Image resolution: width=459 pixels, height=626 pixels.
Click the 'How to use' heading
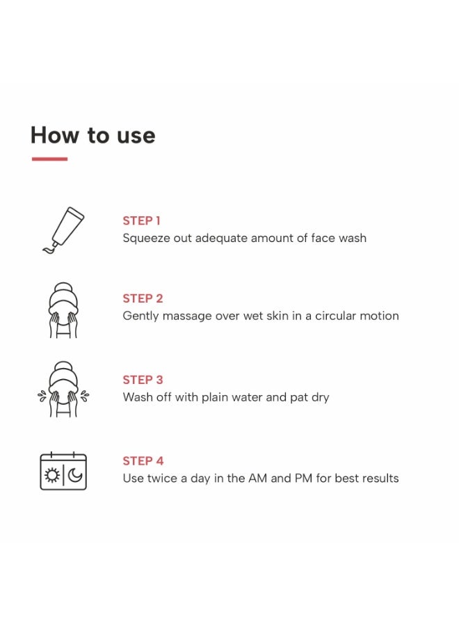click(x=93, y=135)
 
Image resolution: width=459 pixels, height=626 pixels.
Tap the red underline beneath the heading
click(x=49, y=159)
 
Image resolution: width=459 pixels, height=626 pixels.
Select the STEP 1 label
click(x=141, y=220)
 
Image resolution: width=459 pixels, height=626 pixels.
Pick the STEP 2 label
click(x=143, y=298)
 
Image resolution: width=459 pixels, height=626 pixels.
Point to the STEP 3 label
click(x=143, y=380)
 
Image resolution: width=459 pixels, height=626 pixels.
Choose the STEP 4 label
click(x=143, y=460)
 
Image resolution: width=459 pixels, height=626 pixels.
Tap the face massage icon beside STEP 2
click(x=63, y=310)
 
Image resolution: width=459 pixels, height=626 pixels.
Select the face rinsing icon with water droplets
click(x=63, y=390)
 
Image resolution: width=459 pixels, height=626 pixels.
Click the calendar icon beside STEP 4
click(x=63, y=471)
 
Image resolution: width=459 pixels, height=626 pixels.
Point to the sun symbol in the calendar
click(x=52, y=475)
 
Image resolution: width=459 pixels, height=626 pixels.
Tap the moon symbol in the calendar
click(x=75, y=475)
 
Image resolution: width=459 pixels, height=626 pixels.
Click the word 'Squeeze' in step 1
click(x=145, y=239)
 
